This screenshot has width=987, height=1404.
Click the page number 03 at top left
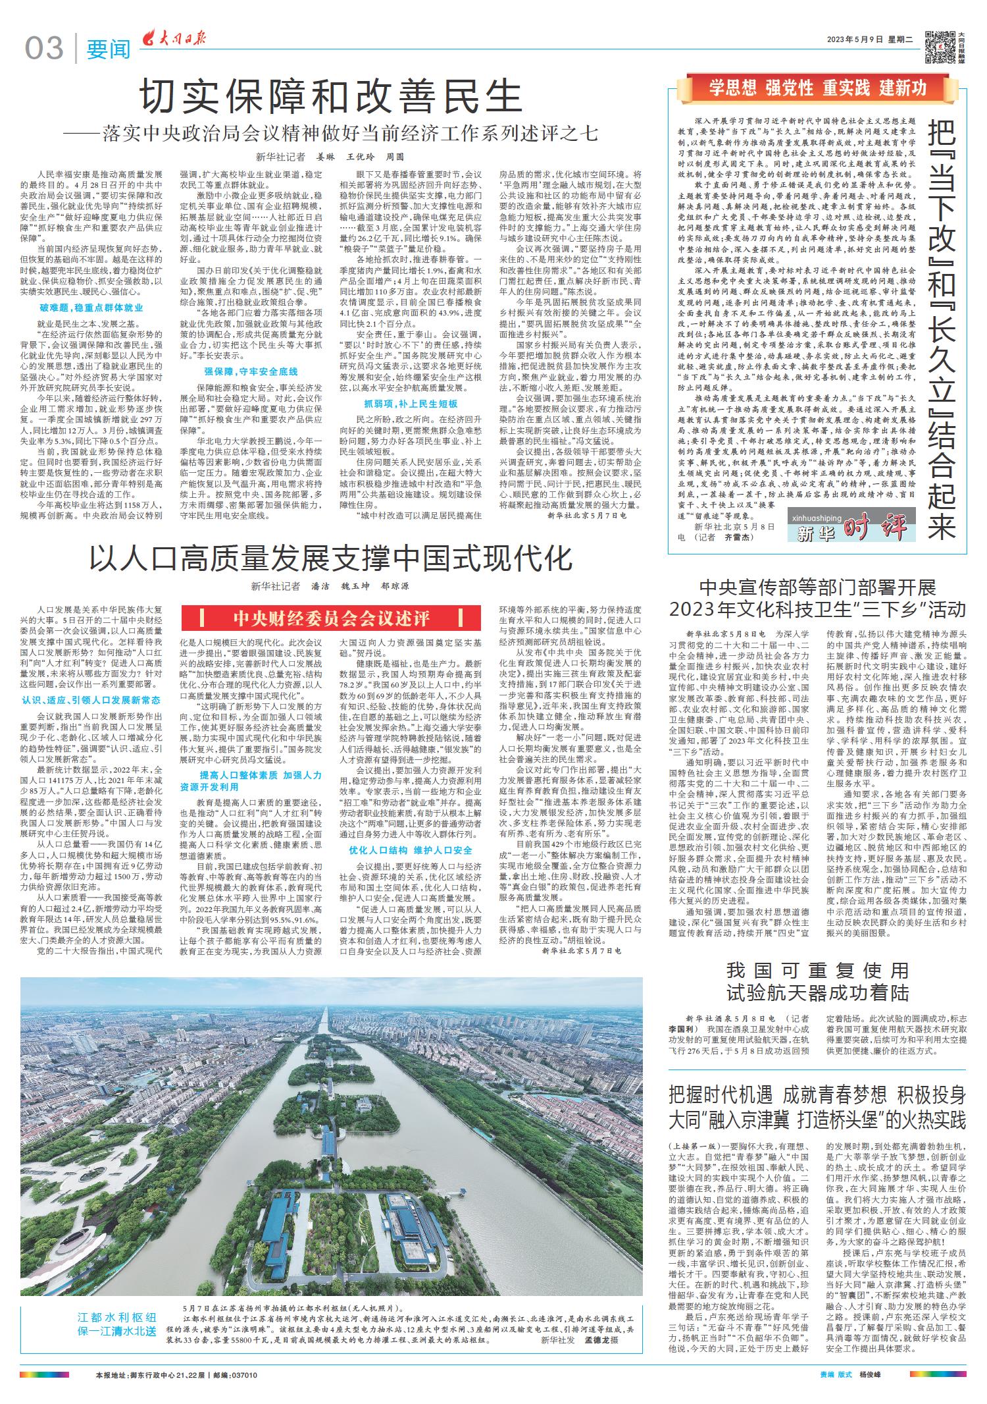(45, 48)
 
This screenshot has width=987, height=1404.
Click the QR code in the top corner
(939, 47)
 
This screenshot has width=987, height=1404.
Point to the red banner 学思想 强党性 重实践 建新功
(818, 88)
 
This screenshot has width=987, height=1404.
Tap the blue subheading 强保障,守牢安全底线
(251, 371)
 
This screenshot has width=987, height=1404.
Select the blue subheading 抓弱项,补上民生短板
(411, 404)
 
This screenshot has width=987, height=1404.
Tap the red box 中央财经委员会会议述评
(331, 618)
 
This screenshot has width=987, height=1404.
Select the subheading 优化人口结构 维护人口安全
(411, 850)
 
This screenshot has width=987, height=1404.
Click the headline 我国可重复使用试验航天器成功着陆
(817, 981)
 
